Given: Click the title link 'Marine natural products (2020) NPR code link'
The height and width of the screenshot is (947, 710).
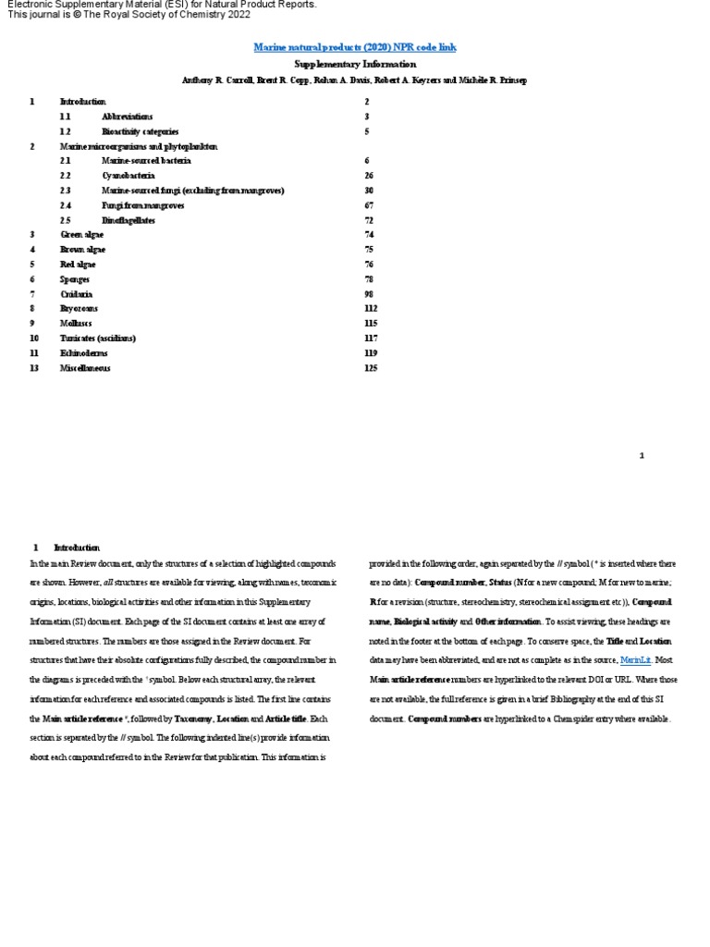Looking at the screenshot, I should [355, 47].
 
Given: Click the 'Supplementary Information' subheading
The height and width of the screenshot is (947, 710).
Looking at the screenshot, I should [355, 65].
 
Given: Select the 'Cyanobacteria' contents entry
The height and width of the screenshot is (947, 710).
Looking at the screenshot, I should [129, 176].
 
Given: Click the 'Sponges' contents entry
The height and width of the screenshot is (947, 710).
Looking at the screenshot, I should [75, 279].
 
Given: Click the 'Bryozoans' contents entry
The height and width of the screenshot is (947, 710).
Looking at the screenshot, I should [79, 309].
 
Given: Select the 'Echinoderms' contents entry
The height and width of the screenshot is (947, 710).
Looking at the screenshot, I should [83, 353].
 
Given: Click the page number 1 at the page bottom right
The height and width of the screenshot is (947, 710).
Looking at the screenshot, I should [642, 456].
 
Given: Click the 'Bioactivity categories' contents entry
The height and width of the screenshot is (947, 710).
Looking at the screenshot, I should [141, 131].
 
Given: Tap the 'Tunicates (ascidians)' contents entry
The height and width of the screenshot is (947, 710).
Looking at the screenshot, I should [98, 338].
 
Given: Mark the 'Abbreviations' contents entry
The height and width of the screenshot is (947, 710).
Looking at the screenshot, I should [129, 117].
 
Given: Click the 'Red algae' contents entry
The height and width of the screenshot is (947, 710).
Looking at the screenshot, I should [78, 264].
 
